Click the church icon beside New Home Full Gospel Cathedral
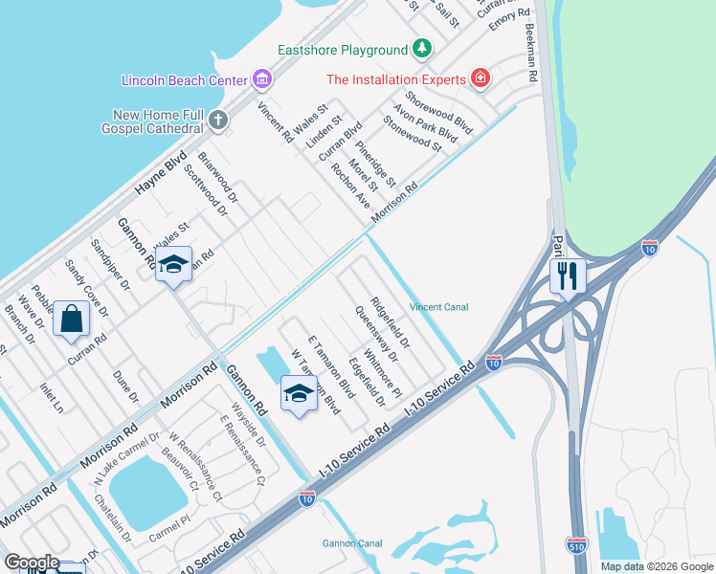tap(219, 120)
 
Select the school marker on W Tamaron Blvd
tap(299, 393)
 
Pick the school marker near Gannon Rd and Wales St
tap(173, 264)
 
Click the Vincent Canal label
tap(438, 307)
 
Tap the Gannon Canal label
tap(351, 543)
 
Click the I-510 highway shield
tap(576, 542)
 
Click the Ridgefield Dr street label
tap(390, 321)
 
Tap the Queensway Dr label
tap(375, 334)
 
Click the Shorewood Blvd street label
tap(438, 113)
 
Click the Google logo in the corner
tap(32, 563)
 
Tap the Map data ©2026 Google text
tap(656, 566)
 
